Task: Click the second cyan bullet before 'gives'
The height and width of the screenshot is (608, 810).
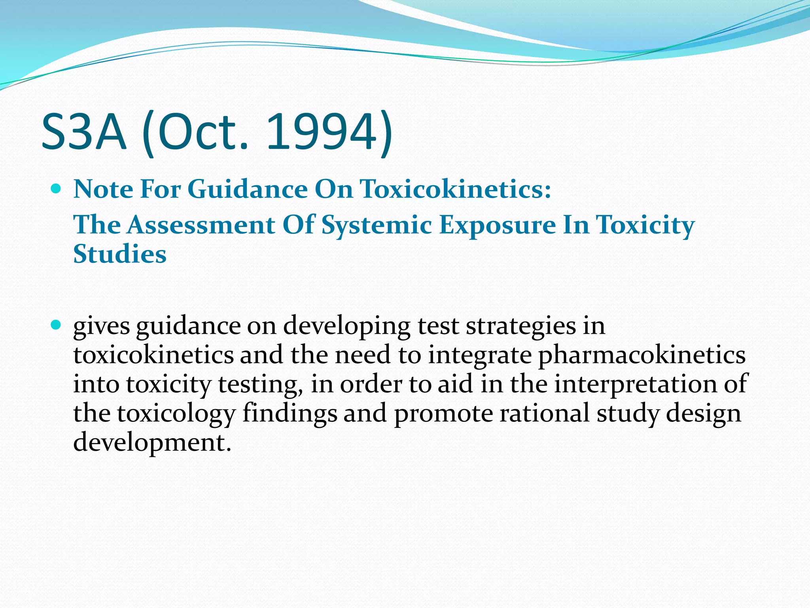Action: coord(56,325)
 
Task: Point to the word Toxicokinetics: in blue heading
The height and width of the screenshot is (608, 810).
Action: coord(455,189)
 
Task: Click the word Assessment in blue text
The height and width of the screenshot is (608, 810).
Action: coord(201,225)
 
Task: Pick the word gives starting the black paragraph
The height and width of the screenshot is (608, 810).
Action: coord(102,327)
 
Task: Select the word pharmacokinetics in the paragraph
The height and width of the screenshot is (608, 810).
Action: coord(642,355)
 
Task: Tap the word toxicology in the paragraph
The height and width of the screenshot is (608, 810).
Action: coord(176,414)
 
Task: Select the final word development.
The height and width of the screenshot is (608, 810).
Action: coord(151,443)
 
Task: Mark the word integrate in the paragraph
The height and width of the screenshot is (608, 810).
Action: coord(480,355)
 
